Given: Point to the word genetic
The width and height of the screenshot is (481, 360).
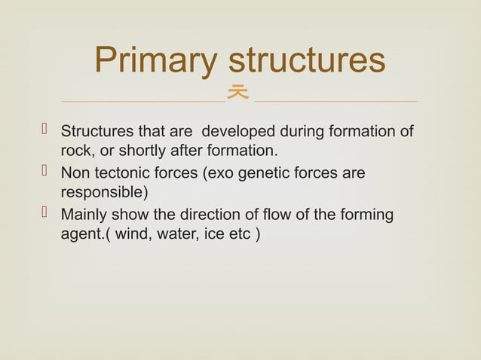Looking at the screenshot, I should click(x=259, y=174).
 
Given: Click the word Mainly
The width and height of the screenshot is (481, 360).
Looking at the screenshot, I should click(x=82, y=215).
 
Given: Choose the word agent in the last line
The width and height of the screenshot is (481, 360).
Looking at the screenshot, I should click(x=82, y=233).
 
